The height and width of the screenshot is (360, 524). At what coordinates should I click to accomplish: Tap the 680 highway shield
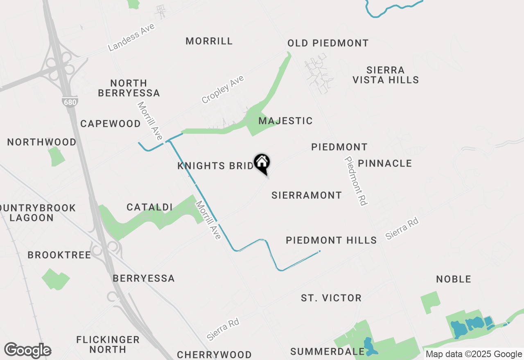pos(70,102)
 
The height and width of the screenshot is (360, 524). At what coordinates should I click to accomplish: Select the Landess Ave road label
pos(131,37)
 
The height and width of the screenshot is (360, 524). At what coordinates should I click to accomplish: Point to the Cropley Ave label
pos(223,89)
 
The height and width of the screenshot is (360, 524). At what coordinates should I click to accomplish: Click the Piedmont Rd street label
pos(356,181)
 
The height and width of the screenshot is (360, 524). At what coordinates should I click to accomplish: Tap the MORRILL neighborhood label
pos(209,41)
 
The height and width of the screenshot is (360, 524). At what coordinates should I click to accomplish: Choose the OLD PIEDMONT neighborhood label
pos(328,43)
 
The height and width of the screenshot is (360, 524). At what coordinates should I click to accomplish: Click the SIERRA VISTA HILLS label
pos(386,75)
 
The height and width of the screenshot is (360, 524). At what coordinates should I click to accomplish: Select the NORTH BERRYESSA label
pos(135,88)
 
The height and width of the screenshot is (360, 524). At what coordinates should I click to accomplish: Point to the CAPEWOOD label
pos(111,124)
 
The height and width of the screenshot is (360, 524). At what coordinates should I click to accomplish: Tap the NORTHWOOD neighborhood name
pos(42,142)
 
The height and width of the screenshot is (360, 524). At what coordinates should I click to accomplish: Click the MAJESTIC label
pos(285,121)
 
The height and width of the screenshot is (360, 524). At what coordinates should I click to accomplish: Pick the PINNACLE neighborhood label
pos(385,163)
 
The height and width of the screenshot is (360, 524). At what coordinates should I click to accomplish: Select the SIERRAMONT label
pos(307,195)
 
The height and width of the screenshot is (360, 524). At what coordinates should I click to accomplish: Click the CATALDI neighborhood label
pos(149,207)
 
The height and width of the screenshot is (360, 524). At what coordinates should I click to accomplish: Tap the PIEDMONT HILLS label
pos(331,240)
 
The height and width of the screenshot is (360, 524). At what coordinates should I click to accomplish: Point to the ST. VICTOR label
pos(331,298)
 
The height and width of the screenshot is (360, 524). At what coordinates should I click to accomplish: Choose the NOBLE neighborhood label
pos(454,279)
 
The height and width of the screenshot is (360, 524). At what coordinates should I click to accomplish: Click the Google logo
pos(27,350)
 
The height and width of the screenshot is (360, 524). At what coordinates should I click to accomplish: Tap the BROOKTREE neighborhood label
pos(59,255)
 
